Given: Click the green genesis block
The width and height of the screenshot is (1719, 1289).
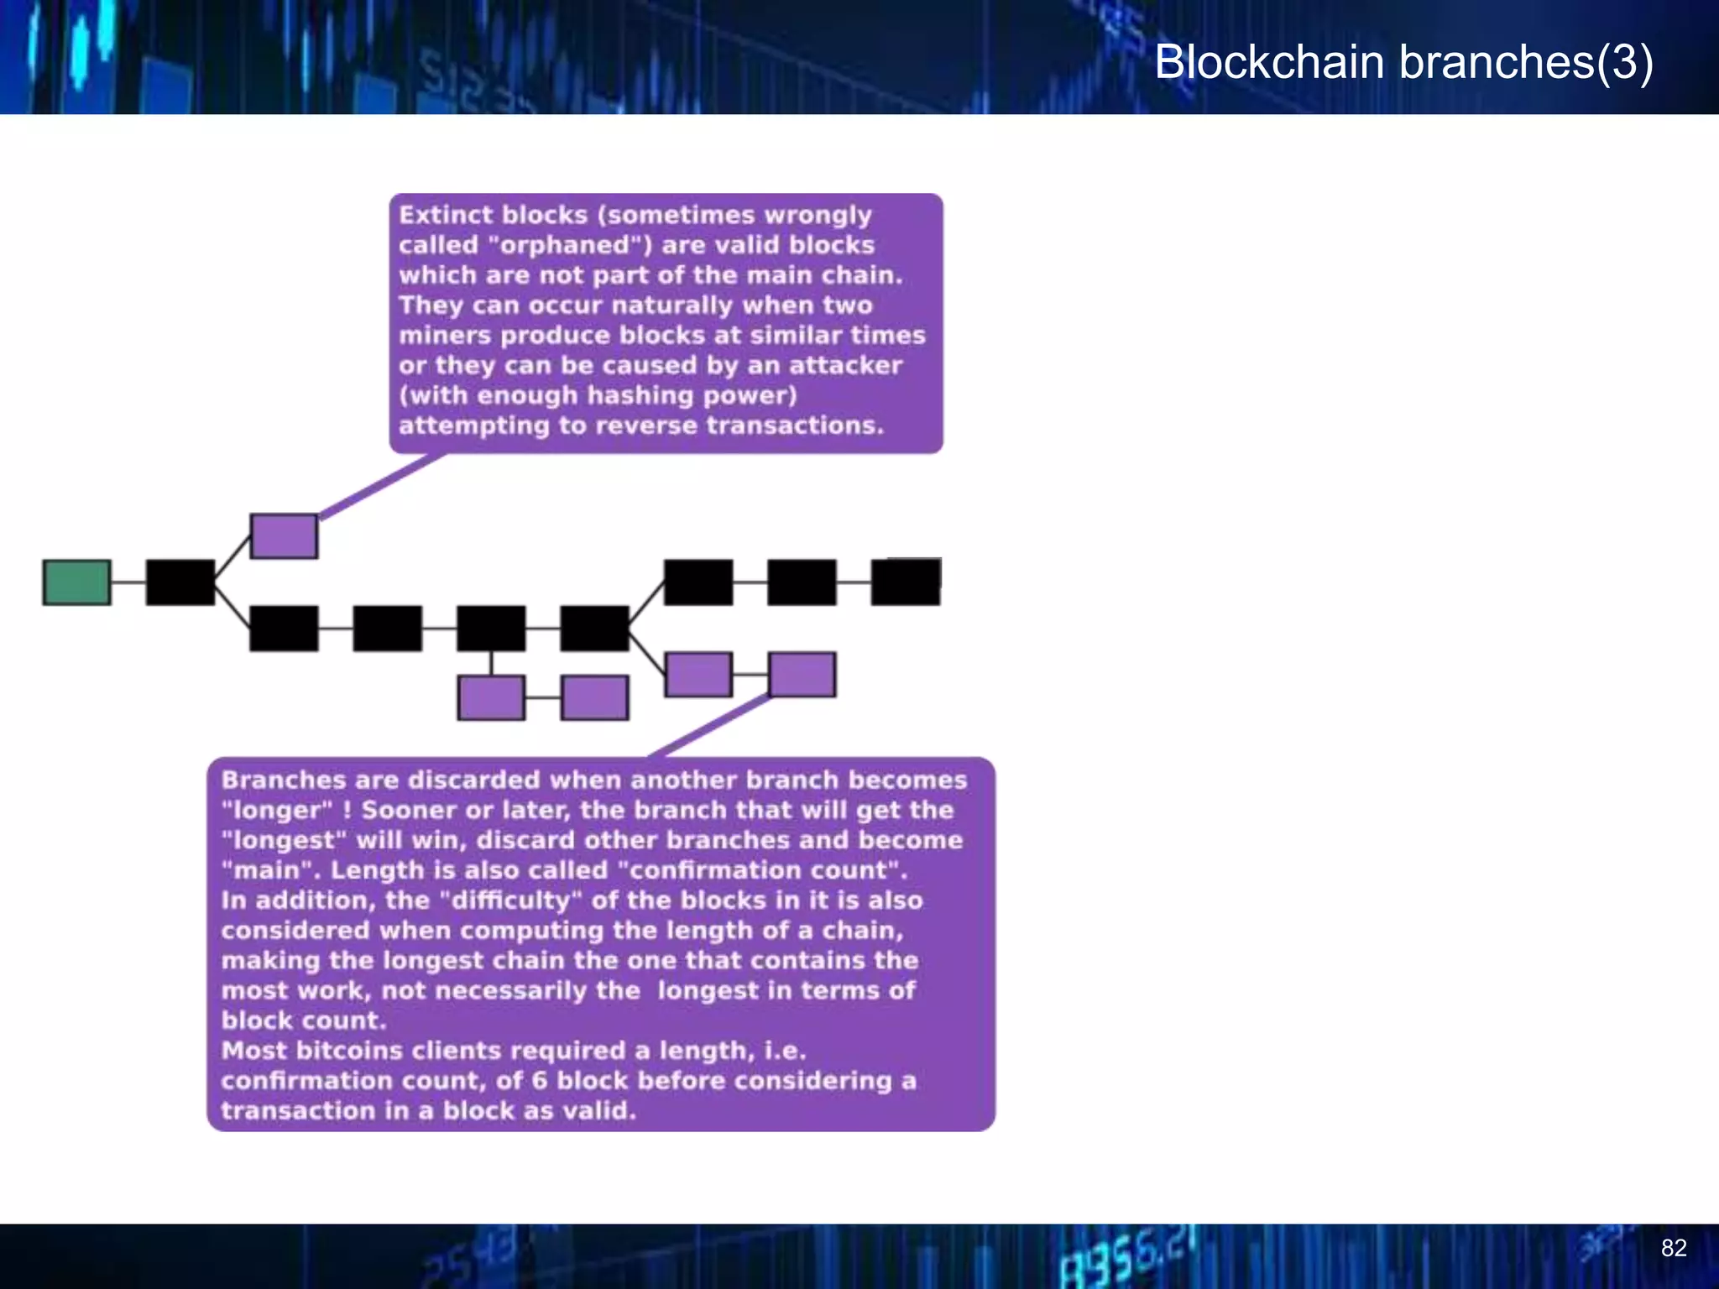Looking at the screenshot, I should pos(76,582).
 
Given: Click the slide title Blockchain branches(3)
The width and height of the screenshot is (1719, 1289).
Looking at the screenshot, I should pos(1403,62).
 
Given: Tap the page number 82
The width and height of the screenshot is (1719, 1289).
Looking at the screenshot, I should pos(1674,1248).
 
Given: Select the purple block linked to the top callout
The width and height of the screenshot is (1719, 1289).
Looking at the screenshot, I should pos(284,536).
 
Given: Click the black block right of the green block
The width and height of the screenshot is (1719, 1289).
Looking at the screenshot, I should pos(180,582).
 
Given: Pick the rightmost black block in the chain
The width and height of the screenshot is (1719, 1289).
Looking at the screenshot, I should pos(906,582).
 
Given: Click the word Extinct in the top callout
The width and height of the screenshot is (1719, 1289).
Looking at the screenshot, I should pos(446,215).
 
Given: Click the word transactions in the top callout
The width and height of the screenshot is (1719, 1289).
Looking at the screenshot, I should pos(794,425).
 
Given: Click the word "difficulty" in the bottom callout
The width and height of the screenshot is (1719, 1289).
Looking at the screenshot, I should pos(511,900).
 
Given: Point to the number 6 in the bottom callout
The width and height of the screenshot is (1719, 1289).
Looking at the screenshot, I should pos(540,1081).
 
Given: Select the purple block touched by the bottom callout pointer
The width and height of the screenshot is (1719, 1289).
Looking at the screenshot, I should pos(802,675).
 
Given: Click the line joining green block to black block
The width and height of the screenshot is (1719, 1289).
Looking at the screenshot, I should pos(128,582).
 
